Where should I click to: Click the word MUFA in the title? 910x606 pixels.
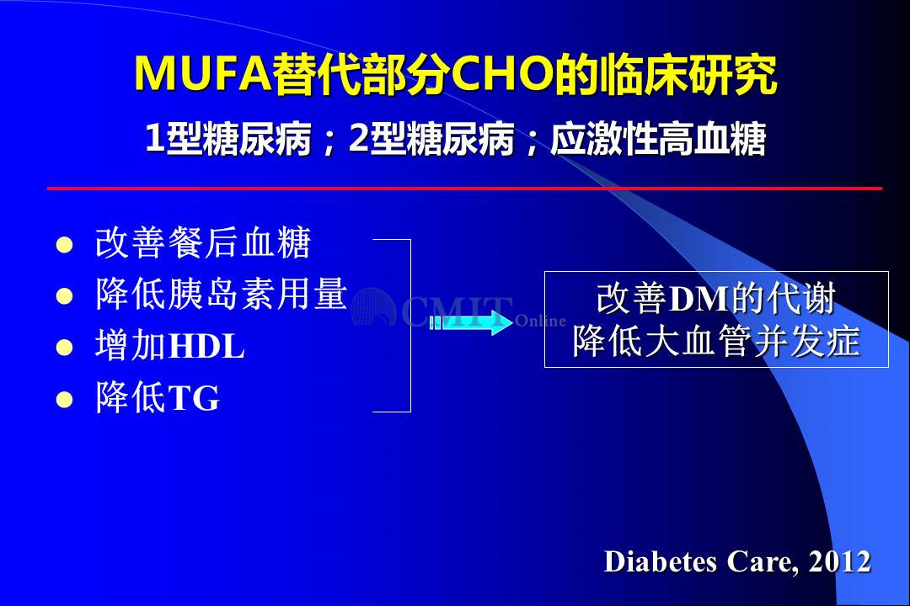pyautogui.click(x=203, y=74)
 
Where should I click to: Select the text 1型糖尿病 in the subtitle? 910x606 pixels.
pyautogui.click(x=228, y=139)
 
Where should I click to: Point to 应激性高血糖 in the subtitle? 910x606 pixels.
pyautogui.click(x=658, y=139)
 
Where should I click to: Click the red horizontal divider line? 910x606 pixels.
pyautogui.click(x=464, y=189)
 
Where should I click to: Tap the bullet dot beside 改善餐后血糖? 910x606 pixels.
pyautogui.click(x=64, y=245)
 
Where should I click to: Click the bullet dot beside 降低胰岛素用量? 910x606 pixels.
pyautogui.click(x=64, y=296)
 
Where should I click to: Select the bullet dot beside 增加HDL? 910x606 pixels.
pyautogui.click(x=64, y=348)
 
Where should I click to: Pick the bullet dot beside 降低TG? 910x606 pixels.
pyautogui.click(x=64, y=400)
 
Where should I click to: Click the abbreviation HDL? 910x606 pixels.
pyautogui.click(x=206, y=347)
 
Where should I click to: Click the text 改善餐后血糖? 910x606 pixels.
pyautogui.click(x=203, y=242)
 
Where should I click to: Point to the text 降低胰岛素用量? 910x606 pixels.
pyautogui.click(x=222, y=294)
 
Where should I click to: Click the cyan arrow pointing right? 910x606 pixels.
pyautogui.click(x=471, y=322)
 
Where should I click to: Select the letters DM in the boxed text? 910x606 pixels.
pyautogui.click(x=699, y=300)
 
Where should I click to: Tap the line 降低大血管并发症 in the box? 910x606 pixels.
pyautogui.click(x=716, y=341)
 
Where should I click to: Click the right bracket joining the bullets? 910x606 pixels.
pyautogui.click(x=410, y=326)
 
